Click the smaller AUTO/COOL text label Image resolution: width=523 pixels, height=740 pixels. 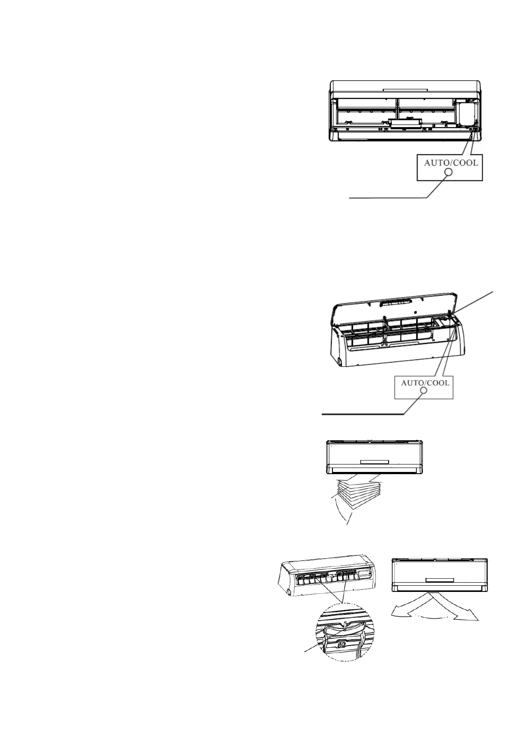click(x=425, y=383)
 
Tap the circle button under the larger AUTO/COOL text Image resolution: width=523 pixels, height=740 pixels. click(x=449, y=173)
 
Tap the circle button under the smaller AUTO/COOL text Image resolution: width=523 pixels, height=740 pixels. click(x=424, y=391)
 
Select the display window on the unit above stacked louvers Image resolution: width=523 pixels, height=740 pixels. click(x=374, y=462)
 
